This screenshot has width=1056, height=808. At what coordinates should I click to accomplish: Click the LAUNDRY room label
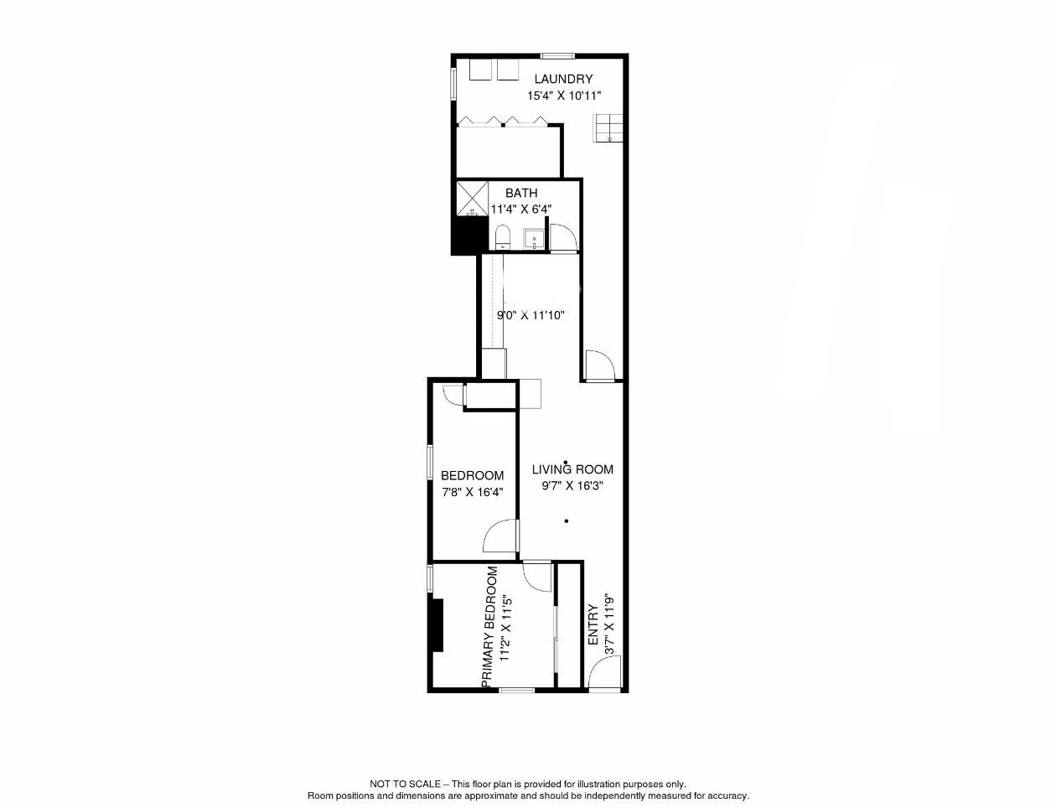(x=563, y=79)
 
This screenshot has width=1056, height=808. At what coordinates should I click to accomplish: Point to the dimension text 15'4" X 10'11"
(x=564, y=96)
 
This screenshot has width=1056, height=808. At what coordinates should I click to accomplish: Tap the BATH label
(x=521, y=194)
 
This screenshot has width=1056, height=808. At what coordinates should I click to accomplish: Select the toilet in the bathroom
(x=502, y=237)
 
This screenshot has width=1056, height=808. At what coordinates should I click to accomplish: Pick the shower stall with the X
(x=472, y=199)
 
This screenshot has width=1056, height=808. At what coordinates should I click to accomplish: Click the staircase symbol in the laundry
(x=608, y=128)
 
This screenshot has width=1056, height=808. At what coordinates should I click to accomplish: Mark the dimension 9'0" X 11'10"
(x=531, y=315)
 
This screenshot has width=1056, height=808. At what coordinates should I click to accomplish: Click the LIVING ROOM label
(x=572, y=469)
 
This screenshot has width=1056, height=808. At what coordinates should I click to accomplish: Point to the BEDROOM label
(x=473, y=475)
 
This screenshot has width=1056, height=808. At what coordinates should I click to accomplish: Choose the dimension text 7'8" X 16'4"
(x=473, y=492)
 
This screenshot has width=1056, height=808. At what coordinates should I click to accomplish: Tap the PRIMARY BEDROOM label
(x=489, y=627)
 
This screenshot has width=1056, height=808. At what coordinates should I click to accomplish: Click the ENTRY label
(x=593, y=624)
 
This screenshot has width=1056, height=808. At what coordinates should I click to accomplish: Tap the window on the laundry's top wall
(x=557, y=56)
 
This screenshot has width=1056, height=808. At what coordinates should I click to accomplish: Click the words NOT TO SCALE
(x=405, y=785)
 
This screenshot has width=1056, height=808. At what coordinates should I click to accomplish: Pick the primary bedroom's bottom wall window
(x=517, y=691)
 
